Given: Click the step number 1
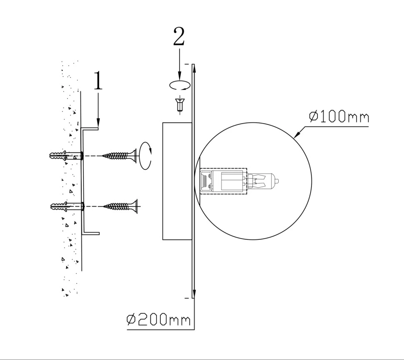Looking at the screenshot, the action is [98, 80].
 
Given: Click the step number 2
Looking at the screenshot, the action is [179, 36].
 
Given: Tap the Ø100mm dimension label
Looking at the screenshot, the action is [339, 117].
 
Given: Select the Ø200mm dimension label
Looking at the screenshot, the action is [158, 320].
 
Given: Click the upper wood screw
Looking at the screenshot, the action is [119, 156].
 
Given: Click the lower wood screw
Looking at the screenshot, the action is [120, 206].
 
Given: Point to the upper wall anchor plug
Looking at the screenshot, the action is [66, 156].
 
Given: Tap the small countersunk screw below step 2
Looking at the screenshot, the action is [180, 104].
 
